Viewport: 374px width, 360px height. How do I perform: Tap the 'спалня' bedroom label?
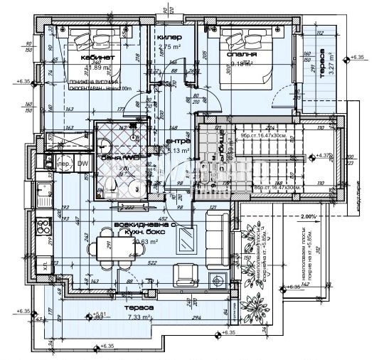click(x=242, y=53)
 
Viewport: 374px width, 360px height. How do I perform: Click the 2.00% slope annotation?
click(x=307, y=216)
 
